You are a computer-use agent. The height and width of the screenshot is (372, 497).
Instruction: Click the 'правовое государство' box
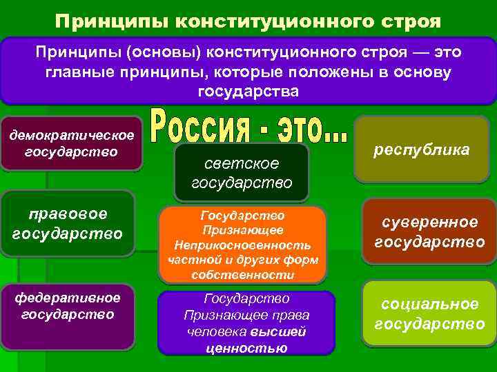[67, 223]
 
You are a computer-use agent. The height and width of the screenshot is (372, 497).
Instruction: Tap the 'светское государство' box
[242, 173]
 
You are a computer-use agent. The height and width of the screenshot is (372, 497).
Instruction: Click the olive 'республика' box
[421, 149]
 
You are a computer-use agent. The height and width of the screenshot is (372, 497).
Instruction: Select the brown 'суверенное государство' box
[429, 231]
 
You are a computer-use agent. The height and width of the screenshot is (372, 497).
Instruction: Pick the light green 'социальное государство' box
[429, 313]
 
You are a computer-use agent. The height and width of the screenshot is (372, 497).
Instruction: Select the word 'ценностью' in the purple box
[246, 347]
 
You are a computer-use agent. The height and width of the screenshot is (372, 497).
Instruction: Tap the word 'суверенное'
[430, 222]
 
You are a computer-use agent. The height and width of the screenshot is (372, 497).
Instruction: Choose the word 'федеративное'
[68, 298]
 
